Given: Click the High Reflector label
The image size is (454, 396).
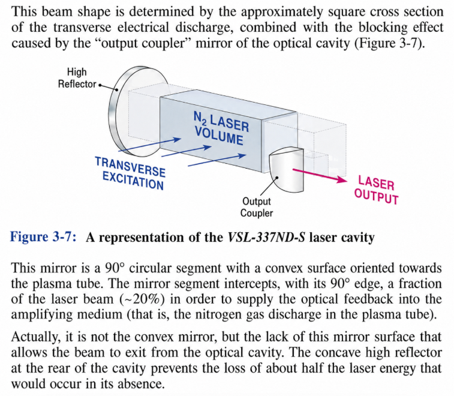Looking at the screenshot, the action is [77, 78].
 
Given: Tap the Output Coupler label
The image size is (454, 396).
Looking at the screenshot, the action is [257, 207].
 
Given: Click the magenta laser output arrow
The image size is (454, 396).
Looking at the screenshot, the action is [320, 176].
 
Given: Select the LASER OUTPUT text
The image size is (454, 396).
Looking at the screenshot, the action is [377, 190].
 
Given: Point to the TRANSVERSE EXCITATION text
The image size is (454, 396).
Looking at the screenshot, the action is [130, 173].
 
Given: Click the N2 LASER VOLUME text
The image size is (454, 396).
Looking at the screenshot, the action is [221, 128].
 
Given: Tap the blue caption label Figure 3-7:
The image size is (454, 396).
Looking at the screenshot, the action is [43, 237].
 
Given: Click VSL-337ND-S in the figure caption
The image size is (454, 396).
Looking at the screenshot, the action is [266, 237].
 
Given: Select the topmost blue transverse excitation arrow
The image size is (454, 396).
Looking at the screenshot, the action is [150, 145].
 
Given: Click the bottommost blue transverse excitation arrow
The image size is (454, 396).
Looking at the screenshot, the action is [217, 160].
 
